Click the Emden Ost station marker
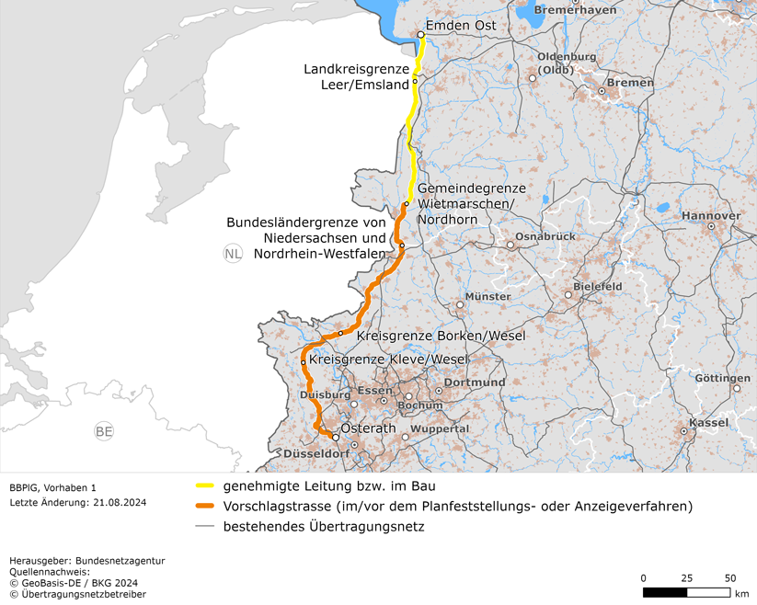coord(420,35)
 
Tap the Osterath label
coord(368,429)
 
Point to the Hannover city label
coord(711,216)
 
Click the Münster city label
coord(487,297)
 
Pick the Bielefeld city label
coord(597,287)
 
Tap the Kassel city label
coord(708,422)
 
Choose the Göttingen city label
coord(722,378)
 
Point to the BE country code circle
coord(104,431)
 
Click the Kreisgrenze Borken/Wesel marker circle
coord(341,333)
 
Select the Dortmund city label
coord(475,382)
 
